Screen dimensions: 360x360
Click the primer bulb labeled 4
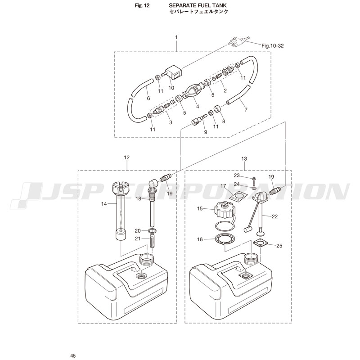pos(193,91)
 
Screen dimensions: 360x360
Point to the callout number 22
pos(274,216)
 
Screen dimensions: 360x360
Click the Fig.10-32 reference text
pos(273,46)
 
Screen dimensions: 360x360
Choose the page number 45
pos(73,356)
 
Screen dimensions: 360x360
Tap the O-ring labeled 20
pos(153,231)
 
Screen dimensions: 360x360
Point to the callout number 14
pos(104,204)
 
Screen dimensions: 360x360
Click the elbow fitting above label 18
pos(153,185)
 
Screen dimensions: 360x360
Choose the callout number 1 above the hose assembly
pos(176,37)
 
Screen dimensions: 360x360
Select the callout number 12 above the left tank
pos(126,157)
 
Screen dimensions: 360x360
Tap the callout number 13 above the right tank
pos(244,159)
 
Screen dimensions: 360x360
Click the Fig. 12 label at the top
pos(142,5)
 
